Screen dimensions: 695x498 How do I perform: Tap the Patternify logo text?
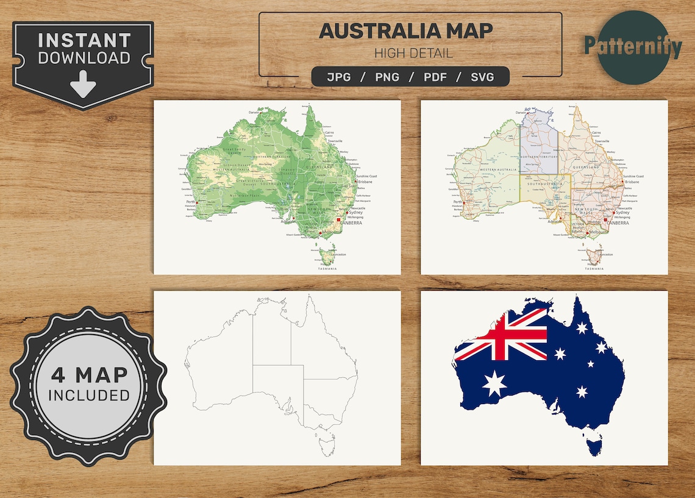[632, 46]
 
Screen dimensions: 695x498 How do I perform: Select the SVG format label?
[482, 77]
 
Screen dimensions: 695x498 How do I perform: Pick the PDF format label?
[438, 77]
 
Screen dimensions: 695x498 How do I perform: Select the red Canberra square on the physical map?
[339, 219]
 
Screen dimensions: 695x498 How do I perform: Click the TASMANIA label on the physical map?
[327, 269]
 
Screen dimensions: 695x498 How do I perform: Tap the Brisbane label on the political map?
[632, 182]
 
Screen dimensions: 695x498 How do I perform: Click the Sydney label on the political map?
[622, 213]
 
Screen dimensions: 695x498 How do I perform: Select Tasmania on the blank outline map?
[327, 438]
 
